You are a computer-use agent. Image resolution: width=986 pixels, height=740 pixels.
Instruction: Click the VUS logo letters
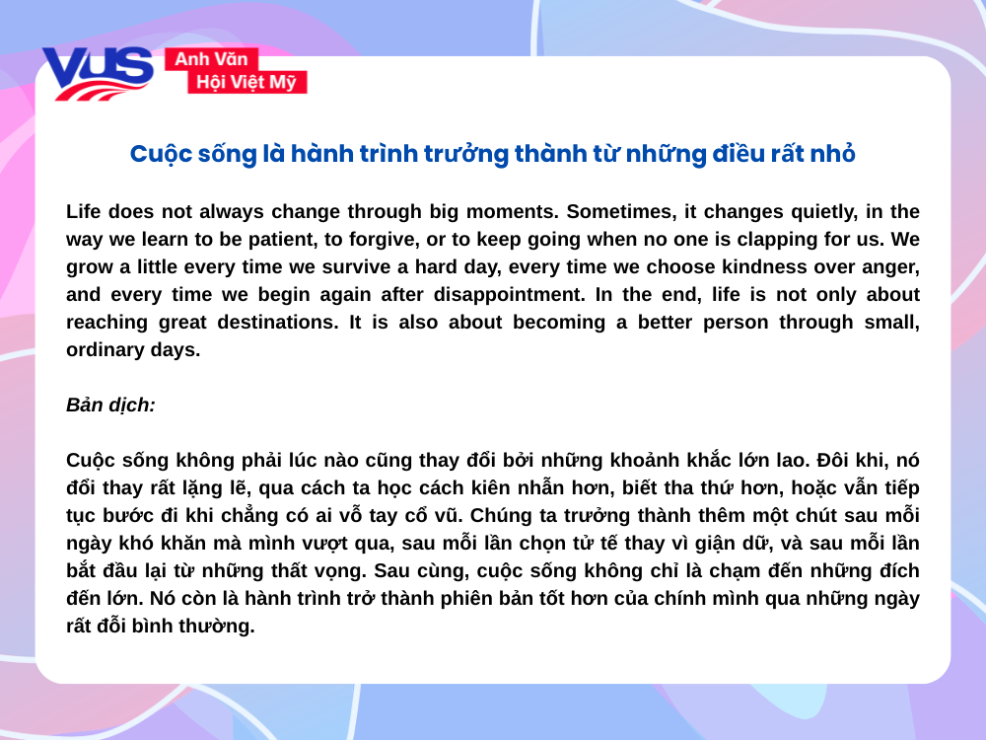coord(96,72)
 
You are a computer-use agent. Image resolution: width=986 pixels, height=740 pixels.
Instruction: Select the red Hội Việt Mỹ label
coord(246,83)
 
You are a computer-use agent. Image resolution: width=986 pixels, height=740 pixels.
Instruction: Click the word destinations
coord(250,322)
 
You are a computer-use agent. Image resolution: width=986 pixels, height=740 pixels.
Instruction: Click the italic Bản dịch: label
coord(110,405)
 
